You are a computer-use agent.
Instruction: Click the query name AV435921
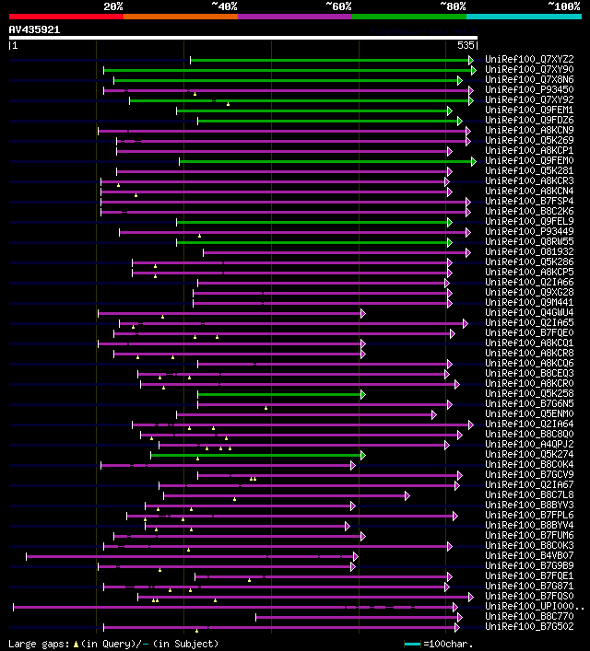click(34, 29)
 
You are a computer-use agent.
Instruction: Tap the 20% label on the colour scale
click(113, 6)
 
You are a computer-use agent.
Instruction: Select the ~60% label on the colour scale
click(338, 6)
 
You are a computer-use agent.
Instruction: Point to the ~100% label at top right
click(563, 6)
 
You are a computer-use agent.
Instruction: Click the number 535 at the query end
click(466, 44)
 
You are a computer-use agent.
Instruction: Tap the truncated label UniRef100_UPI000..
click(534, 607)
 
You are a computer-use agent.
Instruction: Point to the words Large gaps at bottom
click(38, 644)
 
